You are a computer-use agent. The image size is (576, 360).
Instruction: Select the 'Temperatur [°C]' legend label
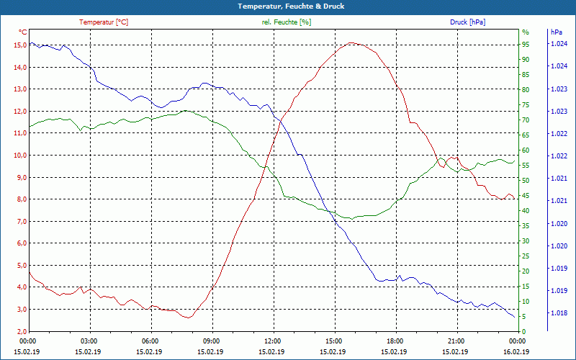coord(104,22)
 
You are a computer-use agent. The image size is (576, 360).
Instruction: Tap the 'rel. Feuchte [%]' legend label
coord(287,22)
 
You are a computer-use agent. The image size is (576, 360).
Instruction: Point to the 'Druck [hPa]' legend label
coord(467,22)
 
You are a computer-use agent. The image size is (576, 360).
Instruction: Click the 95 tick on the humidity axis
coord(526,45)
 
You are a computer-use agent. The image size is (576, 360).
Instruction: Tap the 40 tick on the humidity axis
coord(526,211)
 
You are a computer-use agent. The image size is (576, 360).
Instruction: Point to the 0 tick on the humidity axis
coord(523,331)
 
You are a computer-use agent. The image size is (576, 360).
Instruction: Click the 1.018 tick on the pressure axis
coord(558,313)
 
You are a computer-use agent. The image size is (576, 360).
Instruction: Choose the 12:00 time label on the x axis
coord(272,341)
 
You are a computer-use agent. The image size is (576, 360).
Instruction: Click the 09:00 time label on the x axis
coord(211,341)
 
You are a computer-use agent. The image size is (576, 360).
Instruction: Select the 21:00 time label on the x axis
coord(456,341)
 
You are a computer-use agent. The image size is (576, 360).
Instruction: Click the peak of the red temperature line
coord(351,42)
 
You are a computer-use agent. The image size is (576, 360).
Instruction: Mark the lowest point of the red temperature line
coord(189,318)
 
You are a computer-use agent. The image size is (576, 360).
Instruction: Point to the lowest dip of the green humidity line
coord(351,218)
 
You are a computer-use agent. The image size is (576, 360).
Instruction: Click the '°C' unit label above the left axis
coord(23,32)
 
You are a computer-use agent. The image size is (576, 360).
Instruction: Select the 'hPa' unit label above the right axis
coord(556,32)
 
